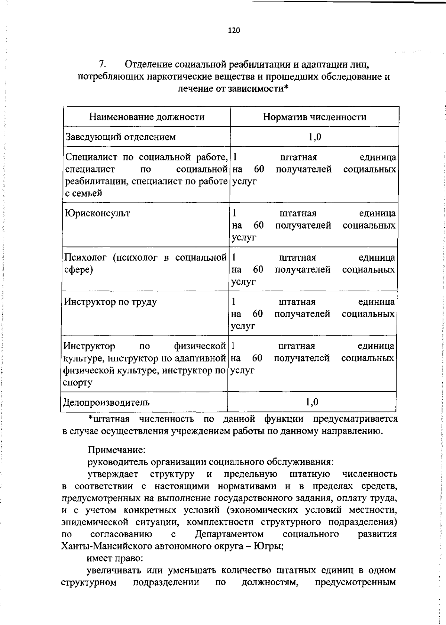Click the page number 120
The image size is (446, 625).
[x=234, y=30]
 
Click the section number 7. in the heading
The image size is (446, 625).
[x=103, y=65]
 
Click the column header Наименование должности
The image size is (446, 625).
[x=147, y=117]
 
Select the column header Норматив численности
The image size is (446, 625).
[x=314, y=117]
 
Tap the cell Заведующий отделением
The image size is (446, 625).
[x=120, y=137]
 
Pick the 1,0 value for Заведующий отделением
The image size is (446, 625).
[x=314, y=137]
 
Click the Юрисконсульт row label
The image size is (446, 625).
[x=97, y=214]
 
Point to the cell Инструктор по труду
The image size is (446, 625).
[x=110, y=302]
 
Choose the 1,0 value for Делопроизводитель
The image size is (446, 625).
[x=312, y=402]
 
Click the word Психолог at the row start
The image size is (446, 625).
[x=85, y=258]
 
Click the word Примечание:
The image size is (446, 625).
[x=111, y=450]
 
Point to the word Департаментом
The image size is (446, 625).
[x=229, y=534]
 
